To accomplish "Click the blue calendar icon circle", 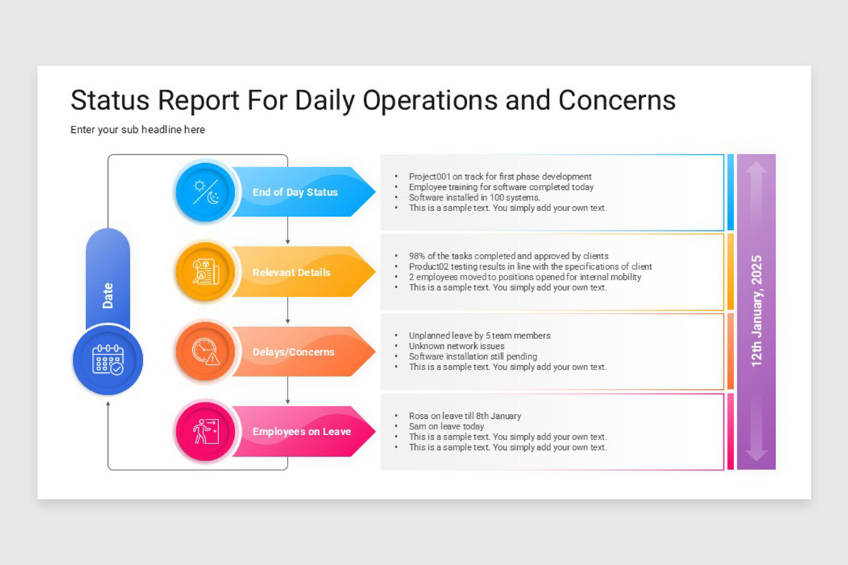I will coord(107,361).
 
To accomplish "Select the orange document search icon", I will coord(205,272).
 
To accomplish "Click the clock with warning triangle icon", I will coord(205,352).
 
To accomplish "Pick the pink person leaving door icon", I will coord(205,432).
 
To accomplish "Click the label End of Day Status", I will coord(295,192).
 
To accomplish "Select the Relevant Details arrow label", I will coord(291,273).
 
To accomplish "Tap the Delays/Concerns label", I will coord(293,352).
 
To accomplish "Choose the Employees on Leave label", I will coord(301,432).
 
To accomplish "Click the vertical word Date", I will coord(108,295).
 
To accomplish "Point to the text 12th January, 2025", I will coord(757,311).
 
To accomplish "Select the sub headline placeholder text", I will coord(138,130).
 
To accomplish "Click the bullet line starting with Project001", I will coord(500,177).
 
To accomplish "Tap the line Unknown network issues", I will coord(457,346).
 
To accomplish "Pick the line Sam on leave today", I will coord(447,427).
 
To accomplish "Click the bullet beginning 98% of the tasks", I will coord(508,256).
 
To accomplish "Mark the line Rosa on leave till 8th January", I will coord(465,416).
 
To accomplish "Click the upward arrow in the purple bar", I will coord(756,177).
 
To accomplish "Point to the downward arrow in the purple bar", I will coord(756,445).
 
